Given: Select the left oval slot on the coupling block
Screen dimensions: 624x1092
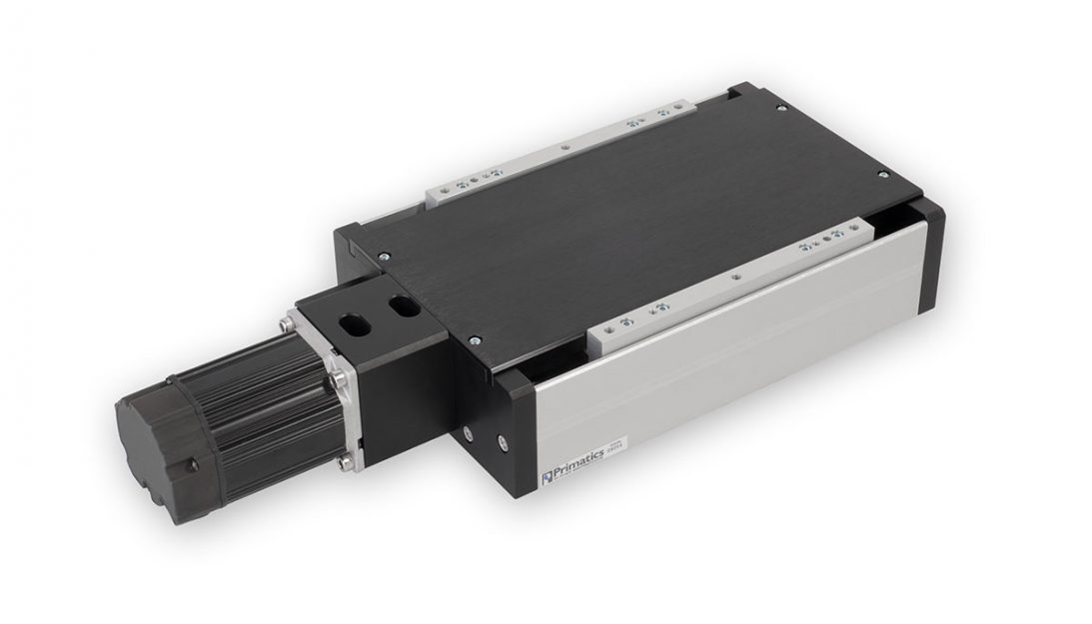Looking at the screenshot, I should point(354,323).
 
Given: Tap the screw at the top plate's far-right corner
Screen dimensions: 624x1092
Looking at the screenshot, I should point(883,176).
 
